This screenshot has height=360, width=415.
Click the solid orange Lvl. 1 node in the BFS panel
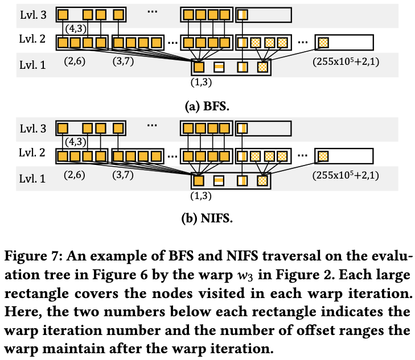tap(198, 67)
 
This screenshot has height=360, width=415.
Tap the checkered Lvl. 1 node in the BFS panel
tap(262, 67)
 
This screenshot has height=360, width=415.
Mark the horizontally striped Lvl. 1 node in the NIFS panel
tap(219, 181)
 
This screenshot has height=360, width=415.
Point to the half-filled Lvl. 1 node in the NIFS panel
tap(242, 181)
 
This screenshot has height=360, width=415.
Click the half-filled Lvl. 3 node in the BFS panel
tap(242, 15)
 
